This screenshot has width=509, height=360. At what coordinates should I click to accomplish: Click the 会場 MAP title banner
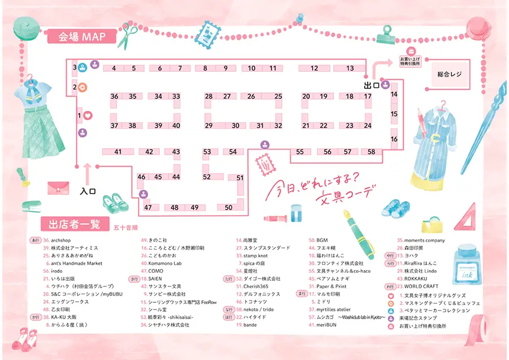82,37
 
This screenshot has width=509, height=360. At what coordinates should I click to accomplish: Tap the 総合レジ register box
450,75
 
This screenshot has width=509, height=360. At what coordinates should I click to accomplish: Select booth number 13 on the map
350,68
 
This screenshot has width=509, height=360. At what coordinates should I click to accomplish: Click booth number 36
115,96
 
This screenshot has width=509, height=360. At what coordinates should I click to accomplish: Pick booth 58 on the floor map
371,152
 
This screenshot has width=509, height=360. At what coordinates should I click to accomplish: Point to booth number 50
228,208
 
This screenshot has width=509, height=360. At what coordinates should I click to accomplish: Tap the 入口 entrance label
88,191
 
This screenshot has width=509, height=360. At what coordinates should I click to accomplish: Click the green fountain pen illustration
360,233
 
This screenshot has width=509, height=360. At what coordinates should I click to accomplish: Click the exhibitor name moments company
424,241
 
